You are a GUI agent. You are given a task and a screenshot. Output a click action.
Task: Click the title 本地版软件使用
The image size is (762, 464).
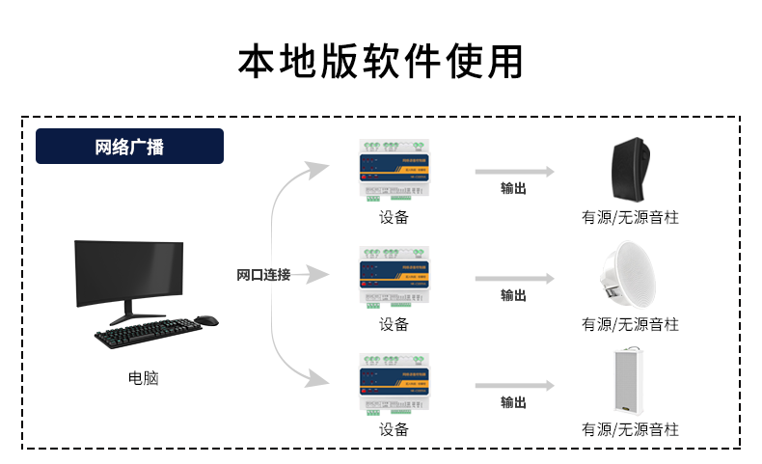[x=381, y=61]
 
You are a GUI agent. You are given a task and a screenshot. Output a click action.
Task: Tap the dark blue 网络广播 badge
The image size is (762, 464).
[x=129, y=147]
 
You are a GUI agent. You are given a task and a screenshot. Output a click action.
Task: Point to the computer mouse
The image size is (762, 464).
[x=205, y=320]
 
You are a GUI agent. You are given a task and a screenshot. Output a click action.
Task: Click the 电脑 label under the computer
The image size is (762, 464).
[x=143, y=378]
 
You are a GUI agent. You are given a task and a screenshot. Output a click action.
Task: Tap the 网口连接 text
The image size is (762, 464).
[x=263, y=275]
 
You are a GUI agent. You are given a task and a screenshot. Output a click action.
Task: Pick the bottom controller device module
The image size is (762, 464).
[x=394, y=383]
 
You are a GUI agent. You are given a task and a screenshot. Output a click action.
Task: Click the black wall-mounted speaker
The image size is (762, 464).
[x=635, y=168]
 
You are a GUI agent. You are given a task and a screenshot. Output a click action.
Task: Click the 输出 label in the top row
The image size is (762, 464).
[x=514, y=189]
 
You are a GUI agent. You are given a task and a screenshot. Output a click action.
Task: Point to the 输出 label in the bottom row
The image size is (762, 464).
[x=514, y=402]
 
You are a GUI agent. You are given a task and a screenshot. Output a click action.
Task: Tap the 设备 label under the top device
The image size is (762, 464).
[x=394, y=218]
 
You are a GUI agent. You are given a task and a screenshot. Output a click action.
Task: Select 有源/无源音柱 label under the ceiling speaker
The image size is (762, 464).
[x=630, y=324]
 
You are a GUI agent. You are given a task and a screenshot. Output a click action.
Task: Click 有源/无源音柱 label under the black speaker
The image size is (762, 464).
[x=630, y=218]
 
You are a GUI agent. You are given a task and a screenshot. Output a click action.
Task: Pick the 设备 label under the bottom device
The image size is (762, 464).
[x=394, y=429]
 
